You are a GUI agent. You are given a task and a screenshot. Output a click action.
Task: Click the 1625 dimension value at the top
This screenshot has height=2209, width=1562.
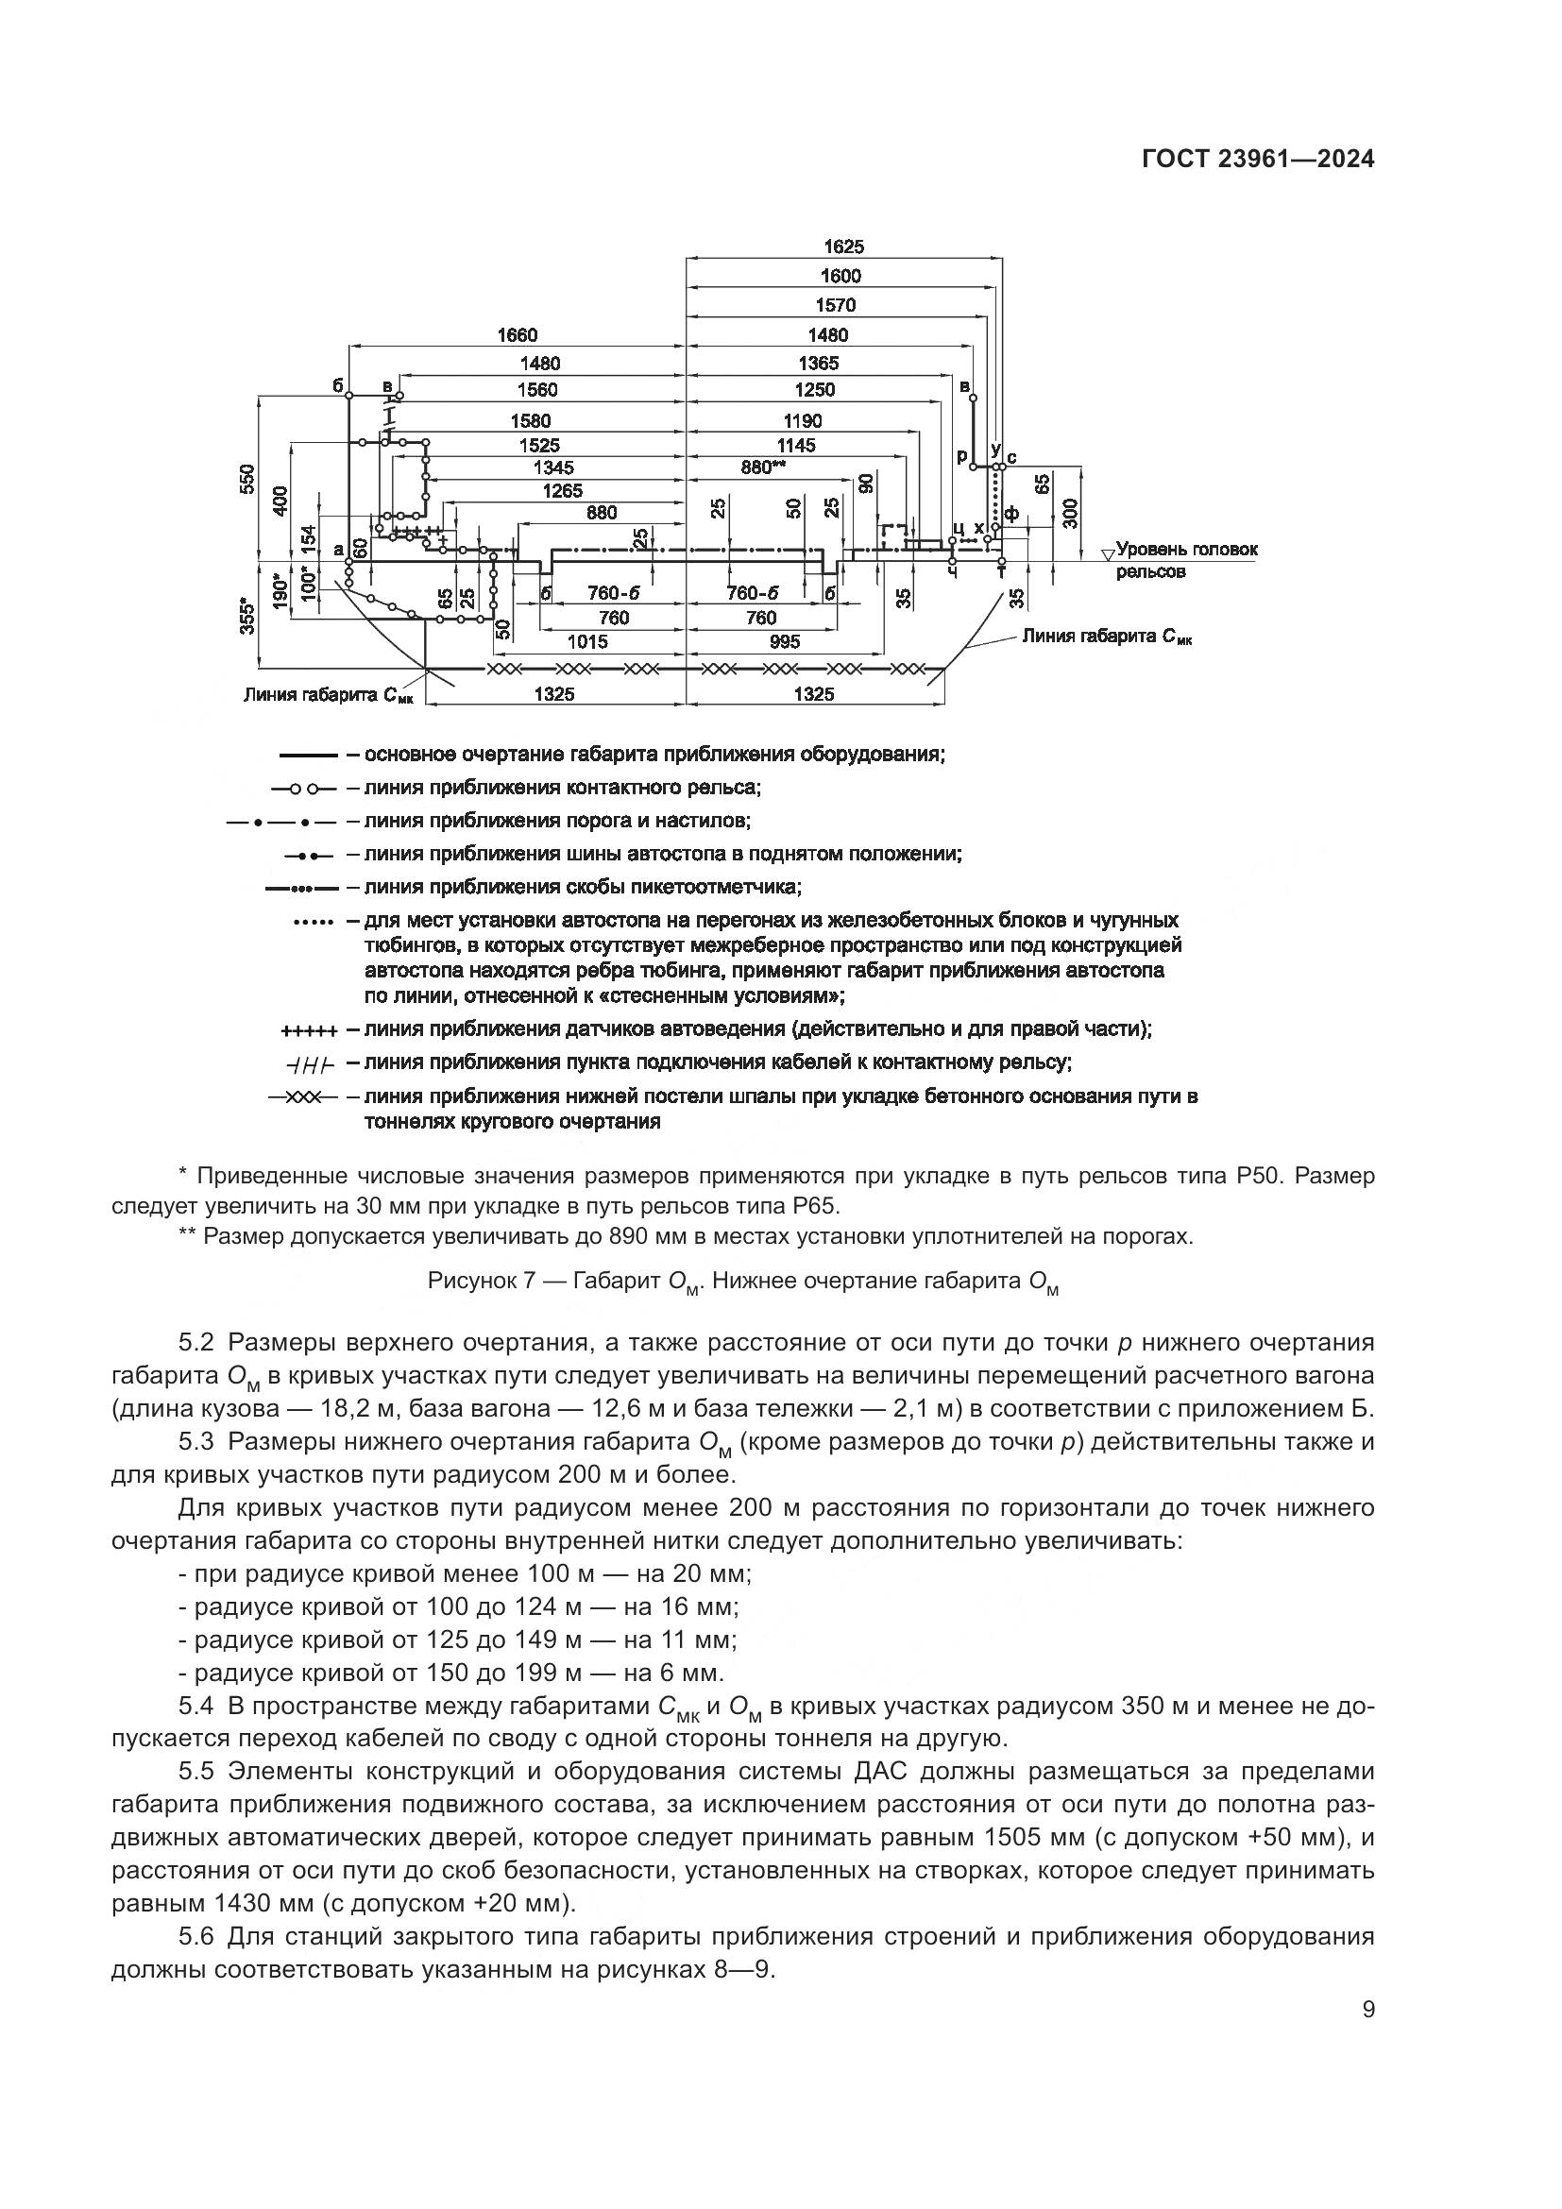pyautogui.click(x=842, y=246)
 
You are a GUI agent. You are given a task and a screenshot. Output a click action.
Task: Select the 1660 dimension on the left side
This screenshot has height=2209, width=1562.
pyautogui.click(x=517, y=335)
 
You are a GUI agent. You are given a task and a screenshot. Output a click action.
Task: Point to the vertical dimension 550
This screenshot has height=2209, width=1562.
pyautogui.click(x=249, y=478)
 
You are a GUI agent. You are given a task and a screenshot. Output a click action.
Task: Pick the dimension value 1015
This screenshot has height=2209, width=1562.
pyautogui.click(x=586, y=640)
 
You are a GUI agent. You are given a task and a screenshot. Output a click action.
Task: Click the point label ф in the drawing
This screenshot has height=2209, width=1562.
pyautogui.click(x=1010, y=514)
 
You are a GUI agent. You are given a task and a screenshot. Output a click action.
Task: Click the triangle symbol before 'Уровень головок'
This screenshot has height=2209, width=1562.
pyautogui.click(x=1107, y=553)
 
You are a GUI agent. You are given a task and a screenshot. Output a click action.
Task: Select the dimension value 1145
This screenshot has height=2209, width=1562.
pyautogui.click(x=796, y=445)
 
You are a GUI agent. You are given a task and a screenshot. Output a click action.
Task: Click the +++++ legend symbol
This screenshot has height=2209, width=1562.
pyautogui.click(x=309, y=1031)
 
